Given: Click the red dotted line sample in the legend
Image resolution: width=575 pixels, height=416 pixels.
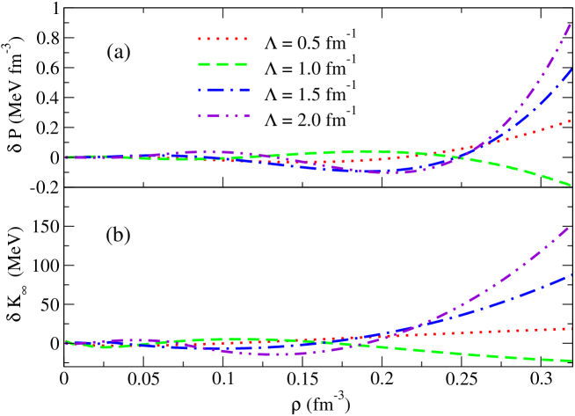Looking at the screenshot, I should click(225, 40).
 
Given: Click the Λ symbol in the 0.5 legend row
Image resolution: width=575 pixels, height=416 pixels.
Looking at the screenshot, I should click(272, 40).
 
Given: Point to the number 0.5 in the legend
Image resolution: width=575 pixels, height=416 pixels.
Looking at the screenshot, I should click(309, 40).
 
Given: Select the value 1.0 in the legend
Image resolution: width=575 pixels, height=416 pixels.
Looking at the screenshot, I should click(309, 67).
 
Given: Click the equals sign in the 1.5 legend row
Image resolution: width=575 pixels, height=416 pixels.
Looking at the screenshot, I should click(288, 92).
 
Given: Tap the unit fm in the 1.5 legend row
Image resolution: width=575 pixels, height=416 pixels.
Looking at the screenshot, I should click(336, 92).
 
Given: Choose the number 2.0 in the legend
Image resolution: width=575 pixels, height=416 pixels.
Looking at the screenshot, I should click(309, 118).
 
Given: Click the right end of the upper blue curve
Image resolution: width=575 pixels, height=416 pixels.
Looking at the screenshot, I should click(573, 69).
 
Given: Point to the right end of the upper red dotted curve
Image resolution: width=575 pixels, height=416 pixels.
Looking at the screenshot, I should click(573, 121).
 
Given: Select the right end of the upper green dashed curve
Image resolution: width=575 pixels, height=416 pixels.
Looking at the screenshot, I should click(573, 186).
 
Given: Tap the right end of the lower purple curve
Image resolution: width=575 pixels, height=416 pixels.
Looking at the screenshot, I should click(573, 226).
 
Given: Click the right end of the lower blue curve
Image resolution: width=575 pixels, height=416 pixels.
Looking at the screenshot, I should click(573, 274).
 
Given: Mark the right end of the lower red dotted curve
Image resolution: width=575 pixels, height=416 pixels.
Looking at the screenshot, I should click(573, 328).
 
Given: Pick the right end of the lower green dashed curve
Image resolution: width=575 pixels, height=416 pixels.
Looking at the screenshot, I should click(573, 361).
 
